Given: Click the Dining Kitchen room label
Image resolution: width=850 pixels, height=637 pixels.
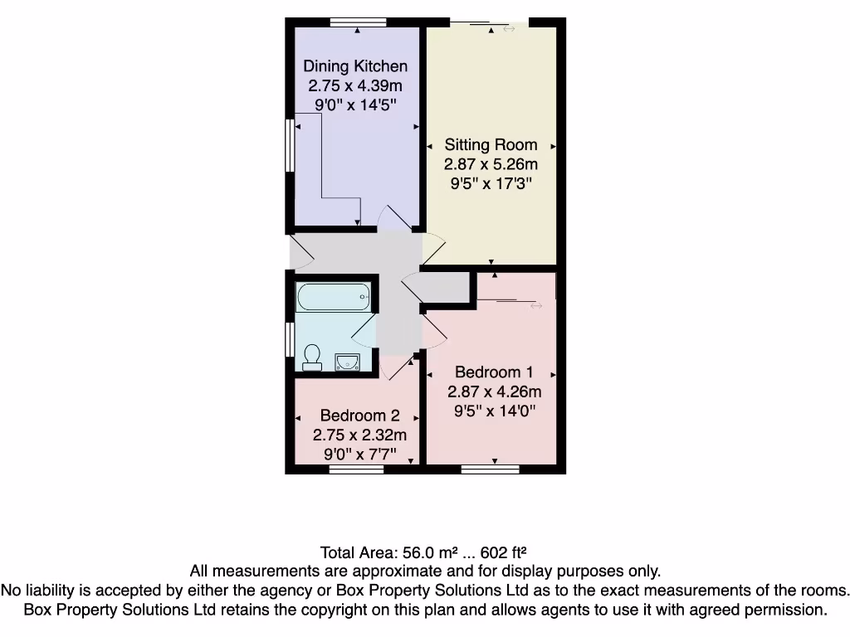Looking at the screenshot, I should (x=355, y=66).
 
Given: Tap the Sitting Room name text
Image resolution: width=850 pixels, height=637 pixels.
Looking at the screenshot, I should (x=491, y=144).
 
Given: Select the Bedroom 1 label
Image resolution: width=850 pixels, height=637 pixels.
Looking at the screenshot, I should (x=494, y=372).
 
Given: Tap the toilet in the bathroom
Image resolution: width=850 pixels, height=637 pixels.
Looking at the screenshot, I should (x=312, y=356).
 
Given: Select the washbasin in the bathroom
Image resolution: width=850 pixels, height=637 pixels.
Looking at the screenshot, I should (x=347, y=361).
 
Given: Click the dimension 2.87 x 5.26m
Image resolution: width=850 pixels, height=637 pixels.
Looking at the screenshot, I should (x=491, y=164).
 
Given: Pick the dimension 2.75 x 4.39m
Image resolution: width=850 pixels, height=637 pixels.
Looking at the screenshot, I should (x=355, y=85).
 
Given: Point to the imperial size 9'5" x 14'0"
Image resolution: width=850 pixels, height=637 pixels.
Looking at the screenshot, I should (x=494, y=410).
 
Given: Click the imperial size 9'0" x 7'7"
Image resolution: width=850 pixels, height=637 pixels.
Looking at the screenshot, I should (x=359, y=454).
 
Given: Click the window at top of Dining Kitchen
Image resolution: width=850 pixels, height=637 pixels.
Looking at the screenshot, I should (x=357, y=22).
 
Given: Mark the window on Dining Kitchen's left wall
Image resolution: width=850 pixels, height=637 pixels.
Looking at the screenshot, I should (x=290, y=145).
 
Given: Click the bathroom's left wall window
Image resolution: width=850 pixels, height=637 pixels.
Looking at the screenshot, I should (x=290, y=338).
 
